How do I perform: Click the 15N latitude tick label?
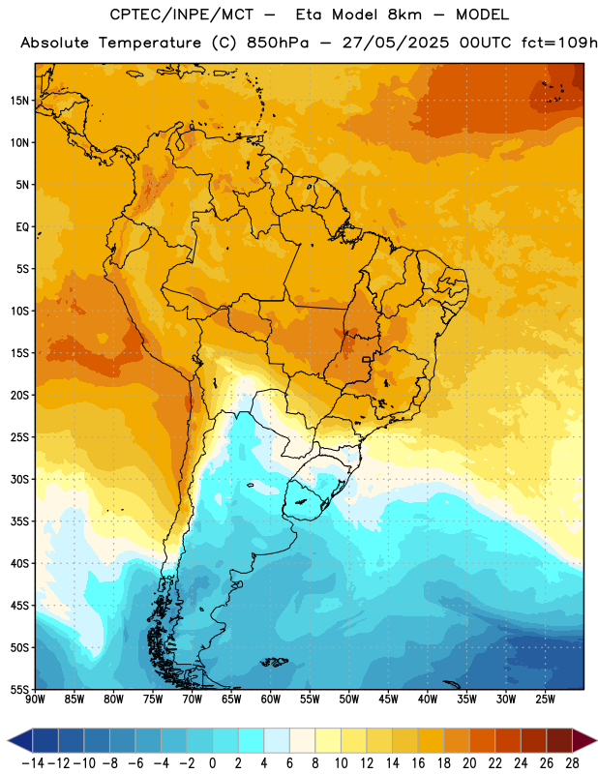[19, 101]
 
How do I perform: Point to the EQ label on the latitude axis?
[22, 227]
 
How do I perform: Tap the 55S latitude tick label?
[19, 689]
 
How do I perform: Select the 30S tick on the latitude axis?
[19, 479]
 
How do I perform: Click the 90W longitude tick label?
[36, 699]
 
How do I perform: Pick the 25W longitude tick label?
[545, 699]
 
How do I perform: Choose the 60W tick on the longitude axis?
[271, 699]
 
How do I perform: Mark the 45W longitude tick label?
[388, 699]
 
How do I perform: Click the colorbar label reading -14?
[33, 763]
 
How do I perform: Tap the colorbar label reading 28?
[572, 763]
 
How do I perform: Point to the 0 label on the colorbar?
[213, 763]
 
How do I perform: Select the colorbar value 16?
[418, 763]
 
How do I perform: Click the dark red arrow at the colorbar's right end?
[584, 741]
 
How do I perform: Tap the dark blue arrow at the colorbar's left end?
[20, 741]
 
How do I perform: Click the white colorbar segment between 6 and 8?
[303, 741]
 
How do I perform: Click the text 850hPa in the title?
[278, 43]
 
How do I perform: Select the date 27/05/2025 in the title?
[396, 43]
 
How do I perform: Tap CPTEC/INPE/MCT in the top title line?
[182, 15]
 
